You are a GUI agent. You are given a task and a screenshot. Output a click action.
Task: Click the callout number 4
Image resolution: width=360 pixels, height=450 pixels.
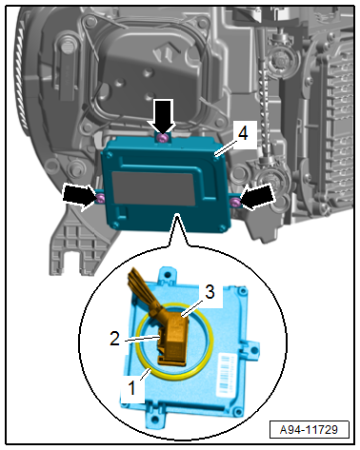point(243,134)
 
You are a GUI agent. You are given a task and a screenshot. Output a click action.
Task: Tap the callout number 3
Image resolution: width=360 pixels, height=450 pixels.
point(210,292)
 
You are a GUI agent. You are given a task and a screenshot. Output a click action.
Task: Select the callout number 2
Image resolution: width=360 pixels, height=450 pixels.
point(115,339)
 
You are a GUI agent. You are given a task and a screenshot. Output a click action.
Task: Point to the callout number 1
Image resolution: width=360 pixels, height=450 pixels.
point(131,388)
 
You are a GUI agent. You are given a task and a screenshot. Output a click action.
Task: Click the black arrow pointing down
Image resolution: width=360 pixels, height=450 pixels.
point(163,116)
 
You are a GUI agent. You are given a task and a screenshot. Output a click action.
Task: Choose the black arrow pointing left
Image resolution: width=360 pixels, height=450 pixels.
point(256,197)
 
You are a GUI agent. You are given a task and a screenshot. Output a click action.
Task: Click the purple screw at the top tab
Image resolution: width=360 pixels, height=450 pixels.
point(163,138)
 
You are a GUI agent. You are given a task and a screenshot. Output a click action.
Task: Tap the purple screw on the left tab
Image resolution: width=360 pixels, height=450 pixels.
point(101,199)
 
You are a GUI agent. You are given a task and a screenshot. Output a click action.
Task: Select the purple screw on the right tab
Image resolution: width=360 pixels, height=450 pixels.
point(235,203)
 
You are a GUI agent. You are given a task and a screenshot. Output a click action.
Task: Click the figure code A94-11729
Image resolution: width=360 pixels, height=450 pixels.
point(309,430)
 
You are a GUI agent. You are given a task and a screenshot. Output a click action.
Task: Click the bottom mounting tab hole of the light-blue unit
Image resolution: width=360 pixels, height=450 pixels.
point(154,420)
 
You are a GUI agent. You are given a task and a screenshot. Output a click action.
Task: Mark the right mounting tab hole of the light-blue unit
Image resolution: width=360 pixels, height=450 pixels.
point(253,350)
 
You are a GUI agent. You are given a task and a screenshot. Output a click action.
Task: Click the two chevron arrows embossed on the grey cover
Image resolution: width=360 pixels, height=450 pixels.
point(165,51)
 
